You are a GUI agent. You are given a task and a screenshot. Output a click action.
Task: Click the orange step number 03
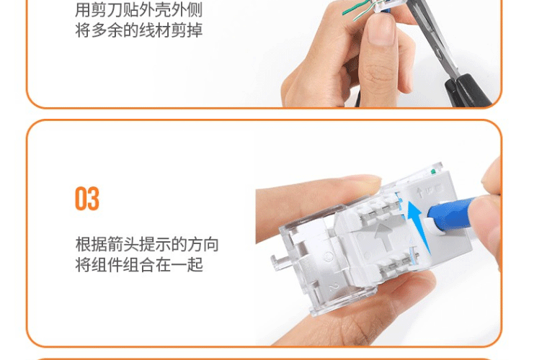[x=87, y=199]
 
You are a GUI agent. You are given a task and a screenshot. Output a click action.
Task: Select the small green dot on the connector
[x=434, y=171]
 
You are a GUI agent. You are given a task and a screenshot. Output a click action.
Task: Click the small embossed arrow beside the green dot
[x=421, y=192]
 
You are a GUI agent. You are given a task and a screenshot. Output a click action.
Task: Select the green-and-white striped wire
[x=361, y=15]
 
